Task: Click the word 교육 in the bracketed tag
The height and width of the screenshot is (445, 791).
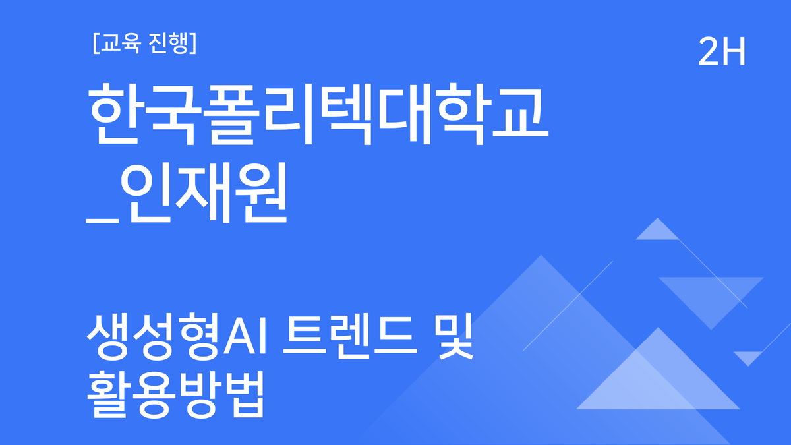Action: click(x=117, y=44)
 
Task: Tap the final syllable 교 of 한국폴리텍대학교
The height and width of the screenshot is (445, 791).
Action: click(x=519, y=117)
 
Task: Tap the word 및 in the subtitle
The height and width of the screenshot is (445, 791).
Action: click(x=455, y=338)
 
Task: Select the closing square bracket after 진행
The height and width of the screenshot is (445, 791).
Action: click(x=192, y=44)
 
